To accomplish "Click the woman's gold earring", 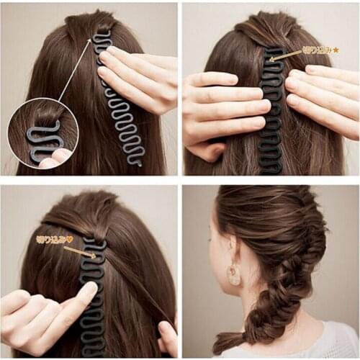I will (235, 274).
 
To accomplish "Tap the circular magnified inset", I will (43, 135).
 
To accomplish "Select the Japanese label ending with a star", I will (320, 50).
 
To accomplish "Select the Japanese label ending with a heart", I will (55, 239).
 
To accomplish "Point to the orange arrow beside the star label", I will (287, 55).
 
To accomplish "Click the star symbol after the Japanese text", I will (336, 50).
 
